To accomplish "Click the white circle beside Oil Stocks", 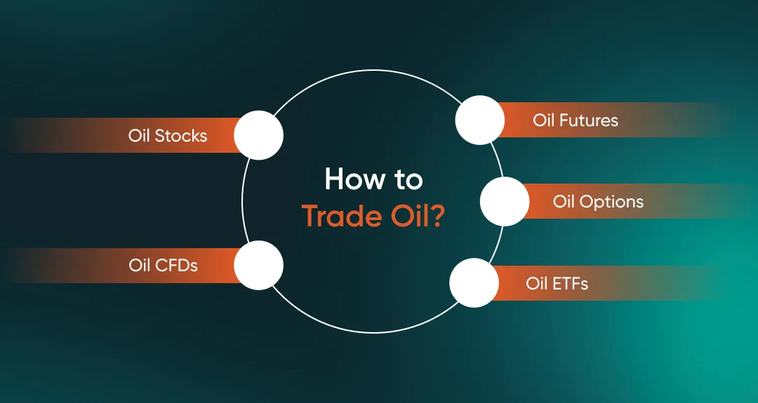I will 258,135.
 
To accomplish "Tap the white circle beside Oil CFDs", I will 258,266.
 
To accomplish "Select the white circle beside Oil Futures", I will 479,120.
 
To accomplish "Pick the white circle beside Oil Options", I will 505,201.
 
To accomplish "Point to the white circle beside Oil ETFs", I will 474,283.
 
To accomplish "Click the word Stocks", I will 180,135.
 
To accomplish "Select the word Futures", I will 588,121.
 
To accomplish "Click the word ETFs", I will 569,284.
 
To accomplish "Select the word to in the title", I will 408,181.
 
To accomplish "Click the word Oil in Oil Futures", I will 543,121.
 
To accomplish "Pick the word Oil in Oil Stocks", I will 139,135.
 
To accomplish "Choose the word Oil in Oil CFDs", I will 140,266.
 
